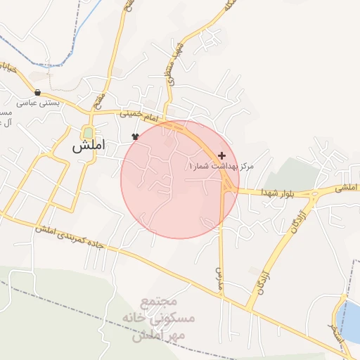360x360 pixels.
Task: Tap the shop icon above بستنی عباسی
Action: [37, 92]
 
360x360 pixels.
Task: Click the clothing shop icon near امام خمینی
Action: [135, 136]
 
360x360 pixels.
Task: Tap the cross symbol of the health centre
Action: [222, 155]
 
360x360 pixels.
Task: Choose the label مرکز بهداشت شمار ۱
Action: [220, 166]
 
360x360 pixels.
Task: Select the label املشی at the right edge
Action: [347, 188]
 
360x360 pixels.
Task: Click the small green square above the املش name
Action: [87, 132]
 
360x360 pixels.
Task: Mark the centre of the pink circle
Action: [179, 179]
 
